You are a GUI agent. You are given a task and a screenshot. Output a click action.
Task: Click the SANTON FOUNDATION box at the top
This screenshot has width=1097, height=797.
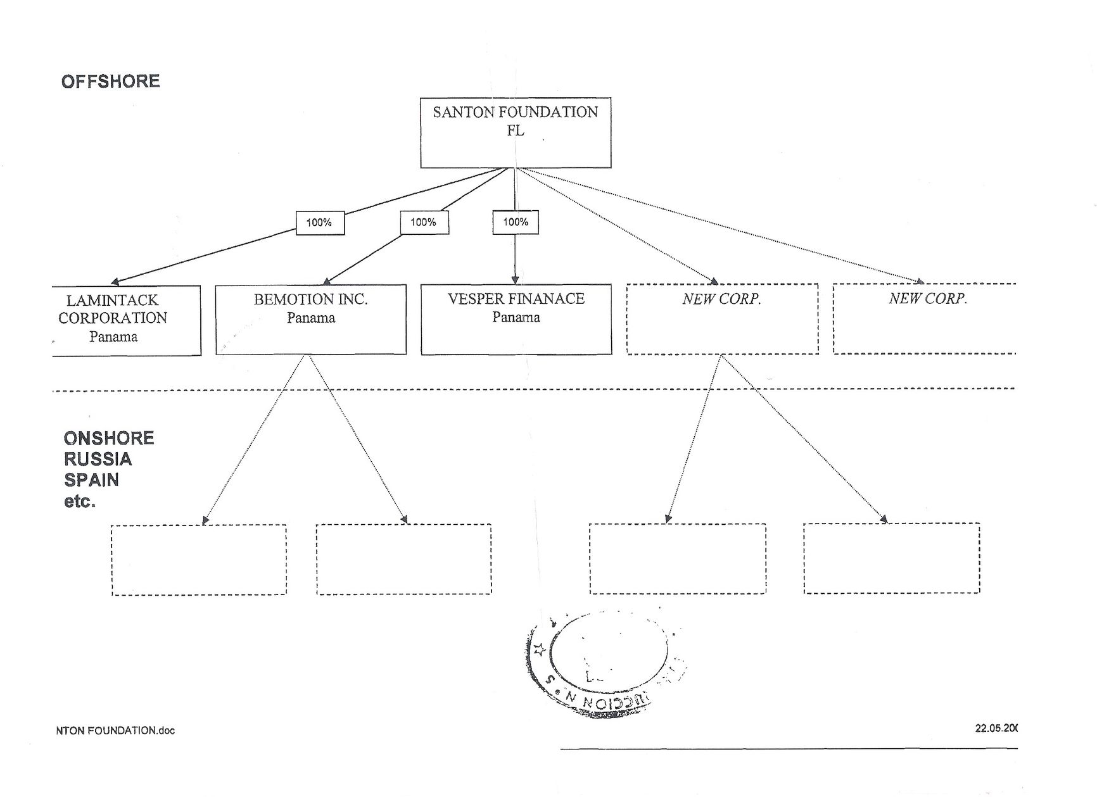point(516,132)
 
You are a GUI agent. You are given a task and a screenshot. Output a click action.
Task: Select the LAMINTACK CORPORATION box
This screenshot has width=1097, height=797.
point(126,320)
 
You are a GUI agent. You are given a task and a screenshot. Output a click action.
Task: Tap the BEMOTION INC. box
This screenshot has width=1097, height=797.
point(310,319)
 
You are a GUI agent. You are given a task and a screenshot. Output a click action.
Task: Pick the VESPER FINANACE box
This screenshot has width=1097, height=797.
point(516,319)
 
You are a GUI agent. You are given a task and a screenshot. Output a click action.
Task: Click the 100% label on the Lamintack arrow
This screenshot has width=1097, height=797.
point(320,223)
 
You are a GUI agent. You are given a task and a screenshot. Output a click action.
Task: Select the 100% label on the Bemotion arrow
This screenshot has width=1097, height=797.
point(424,222)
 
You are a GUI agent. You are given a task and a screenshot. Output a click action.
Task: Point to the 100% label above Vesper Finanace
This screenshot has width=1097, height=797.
point(516,222)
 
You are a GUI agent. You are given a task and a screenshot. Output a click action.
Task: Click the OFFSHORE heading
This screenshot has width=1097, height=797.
point(111,82)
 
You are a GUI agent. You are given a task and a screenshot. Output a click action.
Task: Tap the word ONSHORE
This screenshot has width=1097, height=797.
point(109,438)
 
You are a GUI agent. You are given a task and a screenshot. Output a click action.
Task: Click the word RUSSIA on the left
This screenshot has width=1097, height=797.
point(98,459)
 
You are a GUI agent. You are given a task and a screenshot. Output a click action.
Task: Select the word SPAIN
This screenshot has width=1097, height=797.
point(91,480)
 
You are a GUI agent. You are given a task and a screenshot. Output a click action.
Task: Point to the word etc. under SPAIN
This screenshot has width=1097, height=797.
point(79,501)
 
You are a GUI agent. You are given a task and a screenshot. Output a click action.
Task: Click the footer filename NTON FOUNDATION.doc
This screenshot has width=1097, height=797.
point(115,731)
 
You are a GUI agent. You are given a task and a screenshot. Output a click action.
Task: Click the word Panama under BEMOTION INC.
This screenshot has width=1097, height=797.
point(310,318)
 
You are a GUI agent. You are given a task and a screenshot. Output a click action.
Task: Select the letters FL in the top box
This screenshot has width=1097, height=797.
point(516,130)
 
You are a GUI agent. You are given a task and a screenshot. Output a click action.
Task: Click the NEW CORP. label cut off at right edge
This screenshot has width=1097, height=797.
point(928,299)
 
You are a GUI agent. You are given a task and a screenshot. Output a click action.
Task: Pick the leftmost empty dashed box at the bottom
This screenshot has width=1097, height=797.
point(199,560)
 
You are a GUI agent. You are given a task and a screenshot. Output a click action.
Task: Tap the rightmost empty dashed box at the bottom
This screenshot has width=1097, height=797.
point(891,558)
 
